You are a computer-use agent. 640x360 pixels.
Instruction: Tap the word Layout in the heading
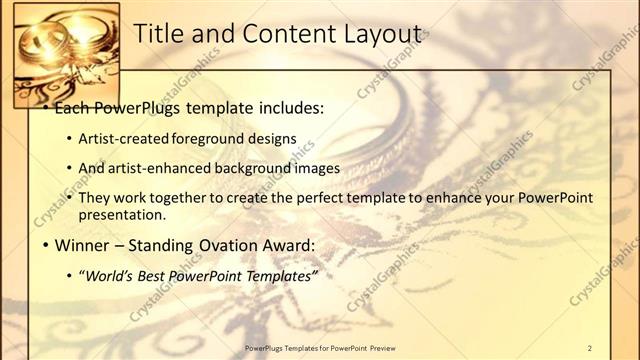[376, 33]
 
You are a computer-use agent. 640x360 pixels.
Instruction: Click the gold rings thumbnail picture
[65, 55]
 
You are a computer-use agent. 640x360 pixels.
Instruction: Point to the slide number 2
[590, 347]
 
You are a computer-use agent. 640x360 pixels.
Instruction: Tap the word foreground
[210, 137]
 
